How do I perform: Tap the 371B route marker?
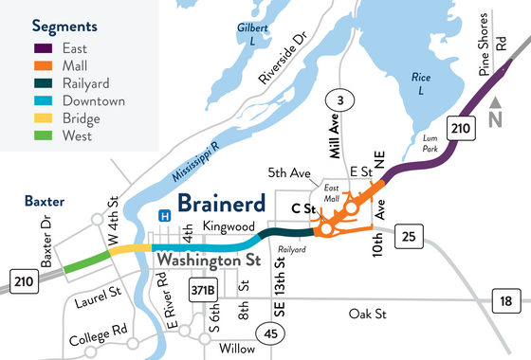204,287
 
